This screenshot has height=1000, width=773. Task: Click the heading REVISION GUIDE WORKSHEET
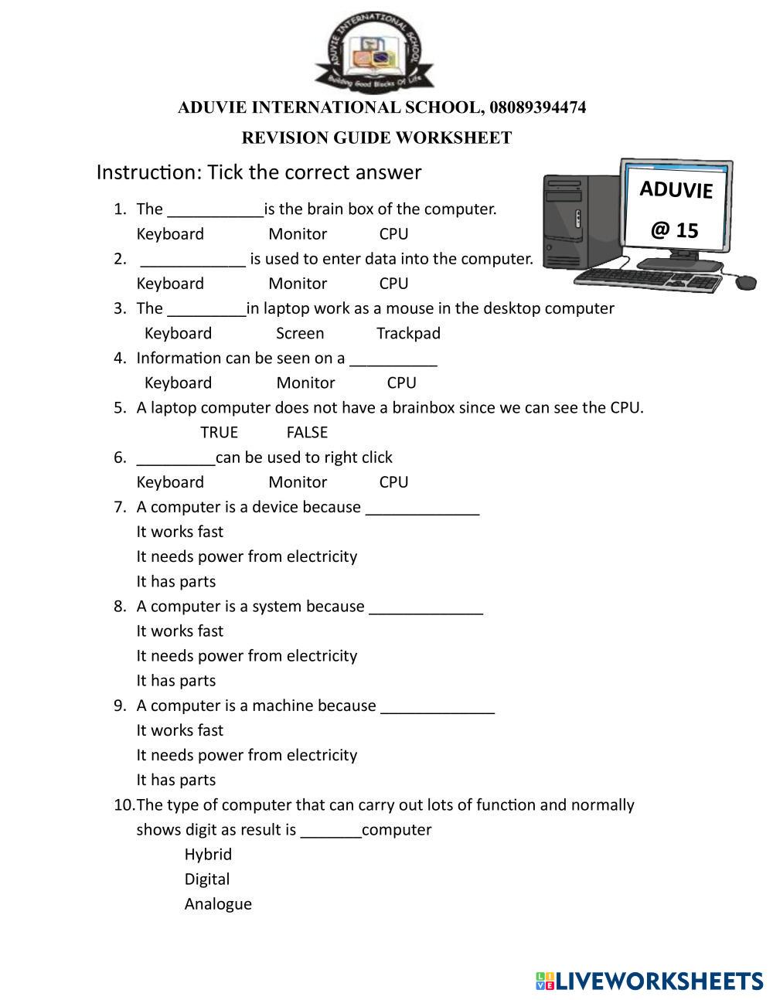(376, 138)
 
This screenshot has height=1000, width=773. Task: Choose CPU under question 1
(393, 234)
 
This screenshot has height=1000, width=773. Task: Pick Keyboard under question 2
(170, 284)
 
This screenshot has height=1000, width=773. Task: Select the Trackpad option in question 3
(408, 333)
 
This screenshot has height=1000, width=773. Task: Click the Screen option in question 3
(300, 333)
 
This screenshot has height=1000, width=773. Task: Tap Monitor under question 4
(305, 383)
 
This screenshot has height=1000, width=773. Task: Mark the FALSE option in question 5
(307, 432)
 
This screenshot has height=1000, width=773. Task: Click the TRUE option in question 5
(219, 432)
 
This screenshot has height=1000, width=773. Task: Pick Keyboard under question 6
(170, 482)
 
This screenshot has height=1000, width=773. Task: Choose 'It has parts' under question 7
(176, 581)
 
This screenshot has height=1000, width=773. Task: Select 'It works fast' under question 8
(179, 631)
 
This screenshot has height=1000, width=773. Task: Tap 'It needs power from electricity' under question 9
(247, 755)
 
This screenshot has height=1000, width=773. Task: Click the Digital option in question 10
(206, 879)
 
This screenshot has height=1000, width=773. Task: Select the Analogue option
(218, 903)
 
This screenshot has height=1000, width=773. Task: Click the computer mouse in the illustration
(745, 282)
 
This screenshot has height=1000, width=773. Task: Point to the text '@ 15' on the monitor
(674, 230)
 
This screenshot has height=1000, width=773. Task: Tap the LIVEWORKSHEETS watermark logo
(649, 981)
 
